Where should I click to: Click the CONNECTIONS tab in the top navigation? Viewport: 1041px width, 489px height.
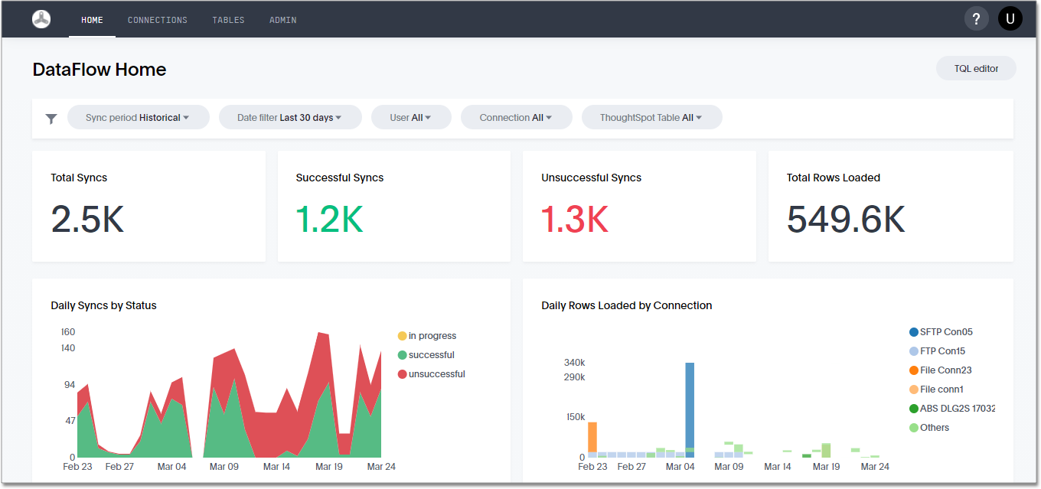(x=157, y=20)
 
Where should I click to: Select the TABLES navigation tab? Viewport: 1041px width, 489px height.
(x=228, y=20)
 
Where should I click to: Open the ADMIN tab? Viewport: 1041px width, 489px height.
(x=282, y=20)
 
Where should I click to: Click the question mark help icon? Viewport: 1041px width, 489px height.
(x=976, y=19)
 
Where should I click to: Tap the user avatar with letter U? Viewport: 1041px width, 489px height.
(x=1010, y=19)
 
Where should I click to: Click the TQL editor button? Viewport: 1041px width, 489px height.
(x=975, y=68)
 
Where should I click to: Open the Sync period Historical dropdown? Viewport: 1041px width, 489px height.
(x=138, y=118)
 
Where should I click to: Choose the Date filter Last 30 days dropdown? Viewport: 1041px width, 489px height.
(x=289, y=118)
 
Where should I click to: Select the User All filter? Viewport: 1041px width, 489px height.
(x=411, y=118)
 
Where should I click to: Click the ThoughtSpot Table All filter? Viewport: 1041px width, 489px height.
(x=651, y=118)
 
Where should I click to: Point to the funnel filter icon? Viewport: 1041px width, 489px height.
(x=51, y=119)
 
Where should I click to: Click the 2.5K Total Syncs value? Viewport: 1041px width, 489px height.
(x=87, y=220)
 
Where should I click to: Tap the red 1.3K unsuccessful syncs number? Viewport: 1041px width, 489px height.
(x=574, y=220)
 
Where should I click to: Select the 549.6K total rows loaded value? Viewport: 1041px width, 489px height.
(x=846, y=220)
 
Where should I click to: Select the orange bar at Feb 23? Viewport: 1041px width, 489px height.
(x=592, y=437)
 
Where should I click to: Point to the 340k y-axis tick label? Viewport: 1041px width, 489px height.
(x=574, y=363)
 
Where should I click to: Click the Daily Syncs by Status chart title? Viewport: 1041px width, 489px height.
(x=103, y=305)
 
